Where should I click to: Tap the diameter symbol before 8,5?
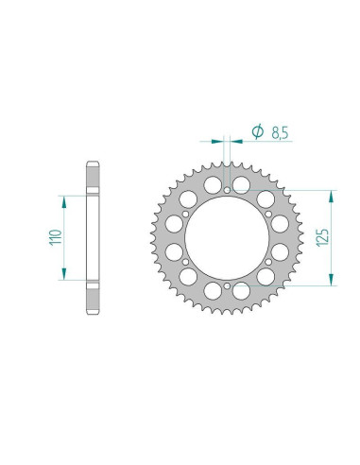click(x=258, y=133)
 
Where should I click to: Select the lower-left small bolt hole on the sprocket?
click(x=186, y=261)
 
